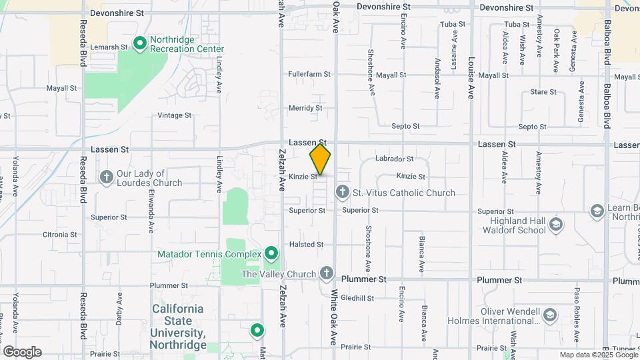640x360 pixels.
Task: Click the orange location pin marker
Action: coord(320,159)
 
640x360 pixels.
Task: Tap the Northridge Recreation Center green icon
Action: coord(140,44)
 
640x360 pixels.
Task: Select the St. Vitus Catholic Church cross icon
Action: coord(342,193)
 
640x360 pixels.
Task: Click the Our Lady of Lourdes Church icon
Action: coord(106,177)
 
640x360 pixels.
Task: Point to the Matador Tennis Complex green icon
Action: coord(271,254)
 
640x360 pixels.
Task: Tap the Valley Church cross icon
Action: coord(326,273)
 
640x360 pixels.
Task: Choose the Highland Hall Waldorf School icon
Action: coord(556,225)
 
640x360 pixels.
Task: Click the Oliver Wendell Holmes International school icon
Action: coord(549,315)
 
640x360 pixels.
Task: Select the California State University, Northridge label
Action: coord(177,327)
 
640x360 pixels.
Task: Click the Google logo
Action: coord(22,352)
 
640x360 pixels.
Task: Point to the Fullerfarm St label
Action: coord(309,75)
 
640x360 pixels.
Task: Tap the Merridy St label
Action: coord(305,108)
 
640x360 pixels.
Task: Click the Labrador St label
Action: coord(395,159)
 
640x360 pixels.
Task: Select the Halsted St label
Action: coord(306,245)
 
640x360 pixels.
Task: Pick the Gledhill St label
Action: coord(357,298)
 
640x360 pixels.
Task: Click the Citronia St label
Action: coord(61,235)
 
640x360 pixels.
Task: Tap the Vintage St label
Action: coord(175,115)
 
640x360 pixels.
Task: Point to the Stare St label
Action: coord(543,92)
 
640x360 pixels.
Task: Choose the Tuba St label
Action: coord(452,24)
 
